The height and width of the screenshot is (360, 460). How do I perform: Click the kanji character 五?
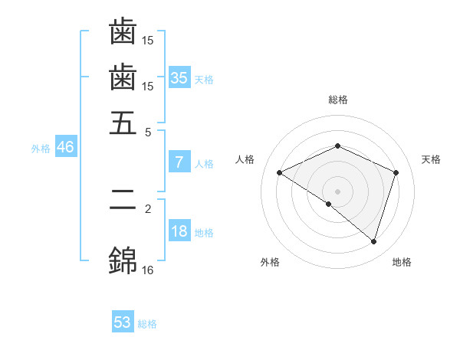123,123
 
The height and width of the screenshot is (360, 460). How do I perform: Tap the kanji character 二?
123,201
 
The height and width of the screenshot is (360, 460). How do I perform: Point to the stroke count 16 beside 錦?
148,270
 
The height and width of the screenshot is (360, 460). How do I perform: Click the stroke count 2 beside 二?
148,208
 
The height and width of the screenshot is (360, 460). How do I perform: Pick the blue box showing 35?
179,78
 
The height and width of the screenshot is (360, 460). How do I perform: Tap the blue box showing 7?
179,162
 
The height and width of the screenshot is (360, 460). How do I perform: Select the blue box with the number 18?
179,232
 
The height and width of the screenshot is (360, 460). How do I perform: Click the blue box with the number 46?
65,148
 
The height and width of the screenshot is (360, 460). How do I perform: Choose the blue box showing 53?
123,322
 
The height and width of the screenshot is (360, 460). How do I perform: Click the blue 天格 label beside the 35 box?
204,80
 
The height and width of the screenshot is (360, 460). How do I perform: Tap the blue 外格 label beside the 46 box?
41,149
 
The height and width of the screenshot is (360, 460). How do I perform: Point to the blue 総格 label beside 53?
147,324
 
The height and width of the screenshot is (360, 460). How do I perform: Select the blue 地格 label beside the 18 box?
204,233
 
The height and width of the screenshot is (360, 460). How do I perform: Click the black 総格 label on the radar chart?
338,100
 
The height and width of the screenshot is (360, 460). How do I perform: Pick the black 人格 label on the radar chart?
245,159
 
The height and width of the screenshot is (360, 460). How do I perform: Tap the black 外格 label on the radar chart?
270,262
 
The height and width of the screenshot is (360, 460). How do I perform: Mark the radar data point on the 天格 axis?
396,172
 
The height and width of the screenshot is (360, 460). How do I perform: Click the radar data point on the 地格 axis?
373,241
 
